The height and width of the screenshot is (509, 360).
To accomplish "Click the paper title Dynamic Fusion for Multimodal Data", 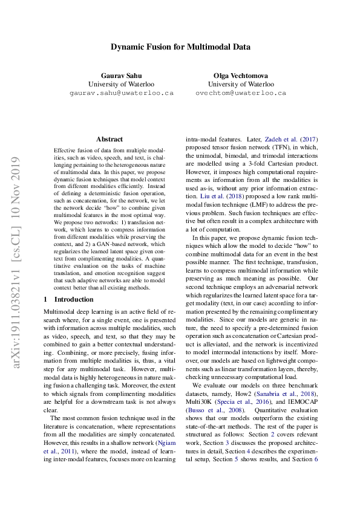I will [180, 47].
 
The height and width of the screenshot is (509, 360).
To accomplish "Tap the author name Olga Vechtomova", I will [240, 75].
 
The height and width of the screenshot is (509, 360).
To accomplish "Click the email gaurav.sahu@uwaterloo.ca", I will [121, 94].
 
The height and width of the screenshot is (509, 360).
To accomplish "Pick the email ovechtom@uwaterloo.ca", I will [240, 94].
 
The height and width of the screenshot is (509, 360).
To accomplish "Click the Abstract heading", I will [109, 139].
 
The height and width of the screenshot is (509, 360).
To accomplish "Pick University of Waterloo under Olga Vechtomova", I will [240, 84].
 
